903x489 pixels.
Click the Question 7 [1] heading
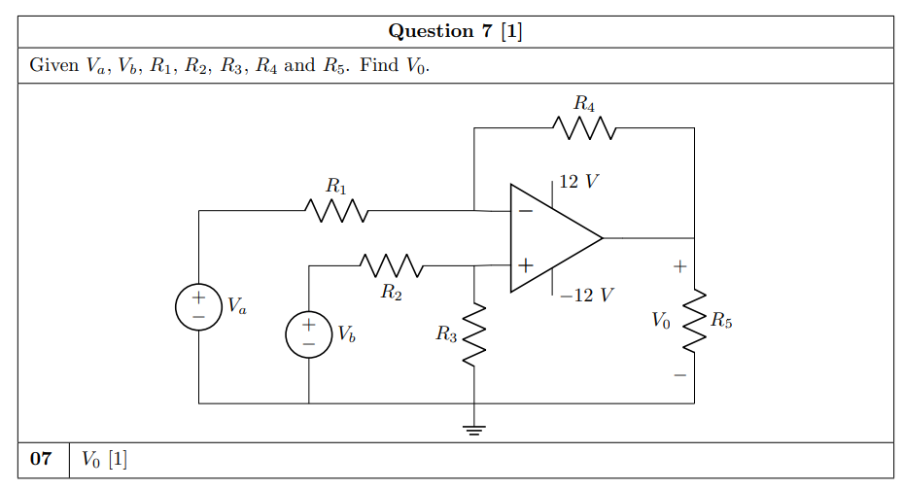(455, 31)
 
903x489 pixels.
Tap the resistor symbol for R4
(583, 127)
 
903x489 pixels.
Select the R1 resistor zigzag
(335, 210)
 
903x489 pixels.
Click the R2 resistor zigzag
(390, 264)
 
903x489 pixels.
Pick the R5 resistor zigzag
(695, 320)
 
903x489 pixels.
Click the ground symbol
(473, 429)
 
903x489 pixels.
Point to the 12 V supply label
(579, 182)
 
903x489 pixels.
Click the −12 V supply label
(586, 295)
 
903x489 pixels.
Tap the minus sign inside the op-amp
(525, 210)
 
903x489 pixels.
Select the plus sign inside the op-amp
(525, 264)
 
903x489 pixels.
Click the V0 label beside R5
(660, 320)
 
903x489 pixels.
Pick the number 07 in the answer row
(41, 460)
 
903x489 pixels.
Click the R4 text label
(583, 102)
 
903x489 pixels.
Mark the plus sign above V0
(680, 264)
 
